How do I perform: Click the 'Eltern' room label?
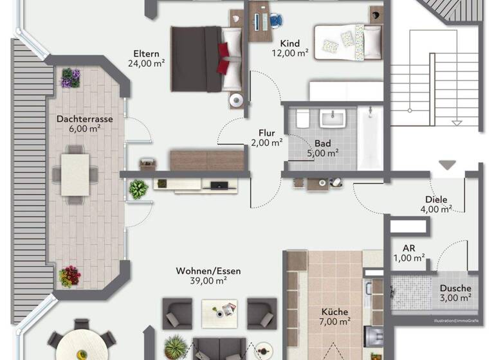tap(146, 53)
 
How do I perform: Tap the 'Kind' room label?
tap(289, 43)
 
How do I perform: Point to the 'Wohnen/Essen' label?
tap(208, 271)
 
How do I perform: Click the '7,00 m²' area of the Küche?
tap(336, 321)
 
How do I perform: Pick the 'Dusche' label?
tap(455, 289)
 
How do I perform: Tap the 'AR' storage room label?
tap(409, 248)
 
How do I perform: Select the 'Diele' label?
tap(436, 199)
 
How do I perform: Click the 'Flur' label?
tap(266, 133)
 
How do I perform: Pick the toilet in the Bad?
tap(303, 120)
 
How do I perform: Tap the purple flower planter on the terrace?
tap(71, 78)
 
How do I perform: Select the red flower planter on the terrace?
tap(69, 276)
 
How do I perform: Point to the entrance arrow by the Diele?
tap(447, 165)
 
